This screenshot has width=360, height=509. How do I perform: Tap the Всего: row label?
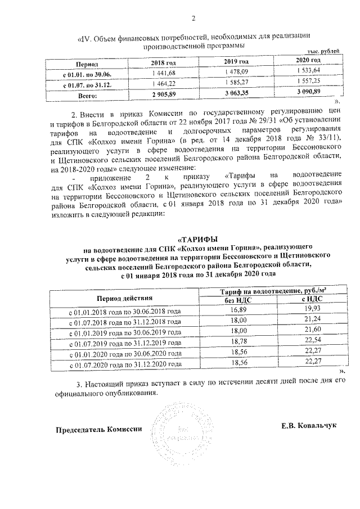(87, 97)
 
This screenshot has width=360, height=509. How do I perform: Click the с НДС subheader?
(307, 300)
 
